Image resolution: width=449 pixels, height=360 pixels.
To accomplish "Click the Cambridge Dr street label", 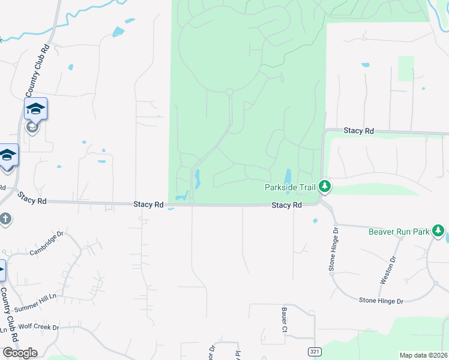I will (x=46, y=244).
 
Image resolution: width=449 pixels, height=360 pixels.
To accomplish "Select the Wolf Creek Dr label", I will (x=39, y=328).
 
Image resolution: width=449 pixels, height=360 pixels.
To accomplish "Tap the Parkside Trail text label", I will (x=291, y=187).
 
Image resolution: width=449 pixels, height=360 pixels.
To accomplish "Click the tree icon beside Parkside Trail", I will (x=325, y=187).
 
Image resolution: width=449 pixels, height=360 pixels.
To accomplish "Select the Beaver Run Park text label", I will (x=398, y=231).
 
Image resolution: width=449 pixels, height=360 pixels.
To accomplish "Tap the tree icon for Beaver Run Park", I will (x=439, y=230).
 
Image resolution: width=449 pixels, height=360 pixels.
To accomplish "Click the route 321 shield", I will (x=313, y=351).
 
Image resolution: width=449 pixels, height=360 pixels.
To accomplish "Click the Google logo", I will (x=20, y=353).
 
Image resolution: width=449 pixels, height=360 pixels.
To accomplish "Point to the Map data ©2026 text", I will (x=423, y=355).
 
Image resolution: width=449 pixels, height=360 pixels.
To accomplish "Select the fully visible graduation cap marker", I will (x=35, y=109).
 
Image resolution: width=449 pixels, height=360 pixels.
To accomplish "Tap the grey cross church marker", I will (x=5, y=219).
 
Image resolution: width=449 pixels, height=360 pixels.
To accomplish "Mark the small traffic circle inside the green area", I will (x=229, y=92).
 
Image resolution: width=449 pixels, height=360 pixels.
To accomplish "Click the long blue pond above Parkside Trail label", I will (x=288, y=176).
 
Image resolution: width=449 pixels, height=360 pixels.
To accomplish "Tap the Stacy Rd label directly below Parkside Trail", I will (x=286, y=205).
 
